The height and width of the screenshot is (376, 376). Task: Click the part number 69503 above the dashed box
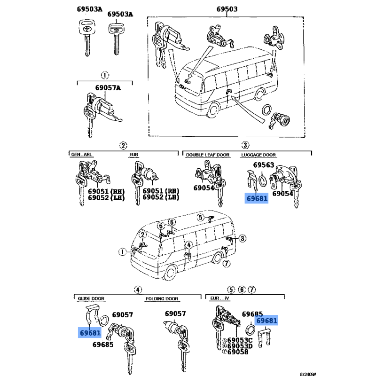(227, 9)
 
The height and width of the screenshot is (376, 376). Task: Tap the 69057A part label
(108, 88)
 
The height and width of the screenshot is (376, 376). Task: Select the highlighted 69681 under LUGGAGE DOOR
(257, 198)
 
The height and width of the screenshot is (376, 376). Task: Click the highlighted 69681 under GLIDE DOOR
(90, 333)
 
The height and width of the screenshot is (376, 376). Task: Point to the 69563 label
(264, 165)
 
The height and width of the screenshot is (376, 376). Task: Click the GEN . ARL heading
(81, 155)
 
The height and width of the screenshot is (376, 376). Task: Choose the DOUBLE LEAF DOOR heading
(208, 155)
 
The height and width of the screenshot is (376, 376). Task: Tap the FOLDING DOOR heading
(162, 299)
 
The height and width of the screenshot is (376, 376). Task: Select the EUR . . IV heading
(219, 298)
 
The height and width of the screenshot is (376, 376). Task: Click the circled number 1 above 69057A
(105, 75)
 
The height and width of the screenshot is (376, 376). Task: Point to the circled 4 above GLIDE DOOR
(138, 290)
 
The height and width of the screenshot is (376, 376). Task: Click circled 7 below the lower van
(227, 264)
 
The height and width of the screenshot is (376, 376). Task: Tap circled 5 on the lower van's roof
(201, 218)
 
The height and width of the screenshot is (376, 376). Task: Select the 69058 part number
(238, 352)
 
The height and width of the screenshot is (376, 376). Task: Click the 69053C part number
(240, 340)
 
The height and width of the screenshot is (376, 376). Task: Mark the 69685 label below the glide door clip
(103, 345)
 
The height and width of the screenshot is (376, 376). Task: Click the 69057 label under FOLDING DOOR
(175, 313)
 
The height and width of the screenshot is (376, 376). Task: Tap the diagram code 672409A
(308, 374)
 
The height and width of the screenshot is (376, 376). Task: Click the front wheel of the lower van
(170, 273)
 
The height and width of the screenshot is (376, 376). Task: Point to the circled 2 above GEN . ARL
(123, 146)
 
